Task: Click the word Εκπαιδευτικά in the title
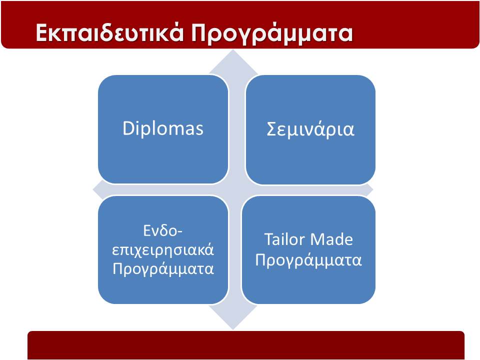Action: [109, 33]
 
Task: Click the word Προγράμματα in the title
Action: [272, 33]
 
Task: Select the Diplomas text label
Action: [163, 128]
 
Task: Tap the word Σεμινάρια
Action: [310, 129]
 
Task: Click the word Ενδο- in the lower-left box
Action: [162, 230]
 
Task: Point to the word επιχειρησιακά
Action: [163, 250]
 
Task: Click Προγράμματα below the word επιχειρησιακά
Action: [163, 269]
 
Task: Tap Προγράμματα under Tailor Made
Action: [308, 260]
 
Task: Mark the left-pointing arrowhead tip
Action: [93, 190]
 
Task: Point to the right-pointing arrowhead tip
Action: [373, 190]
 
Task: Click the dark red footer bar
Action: [246, 345]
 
